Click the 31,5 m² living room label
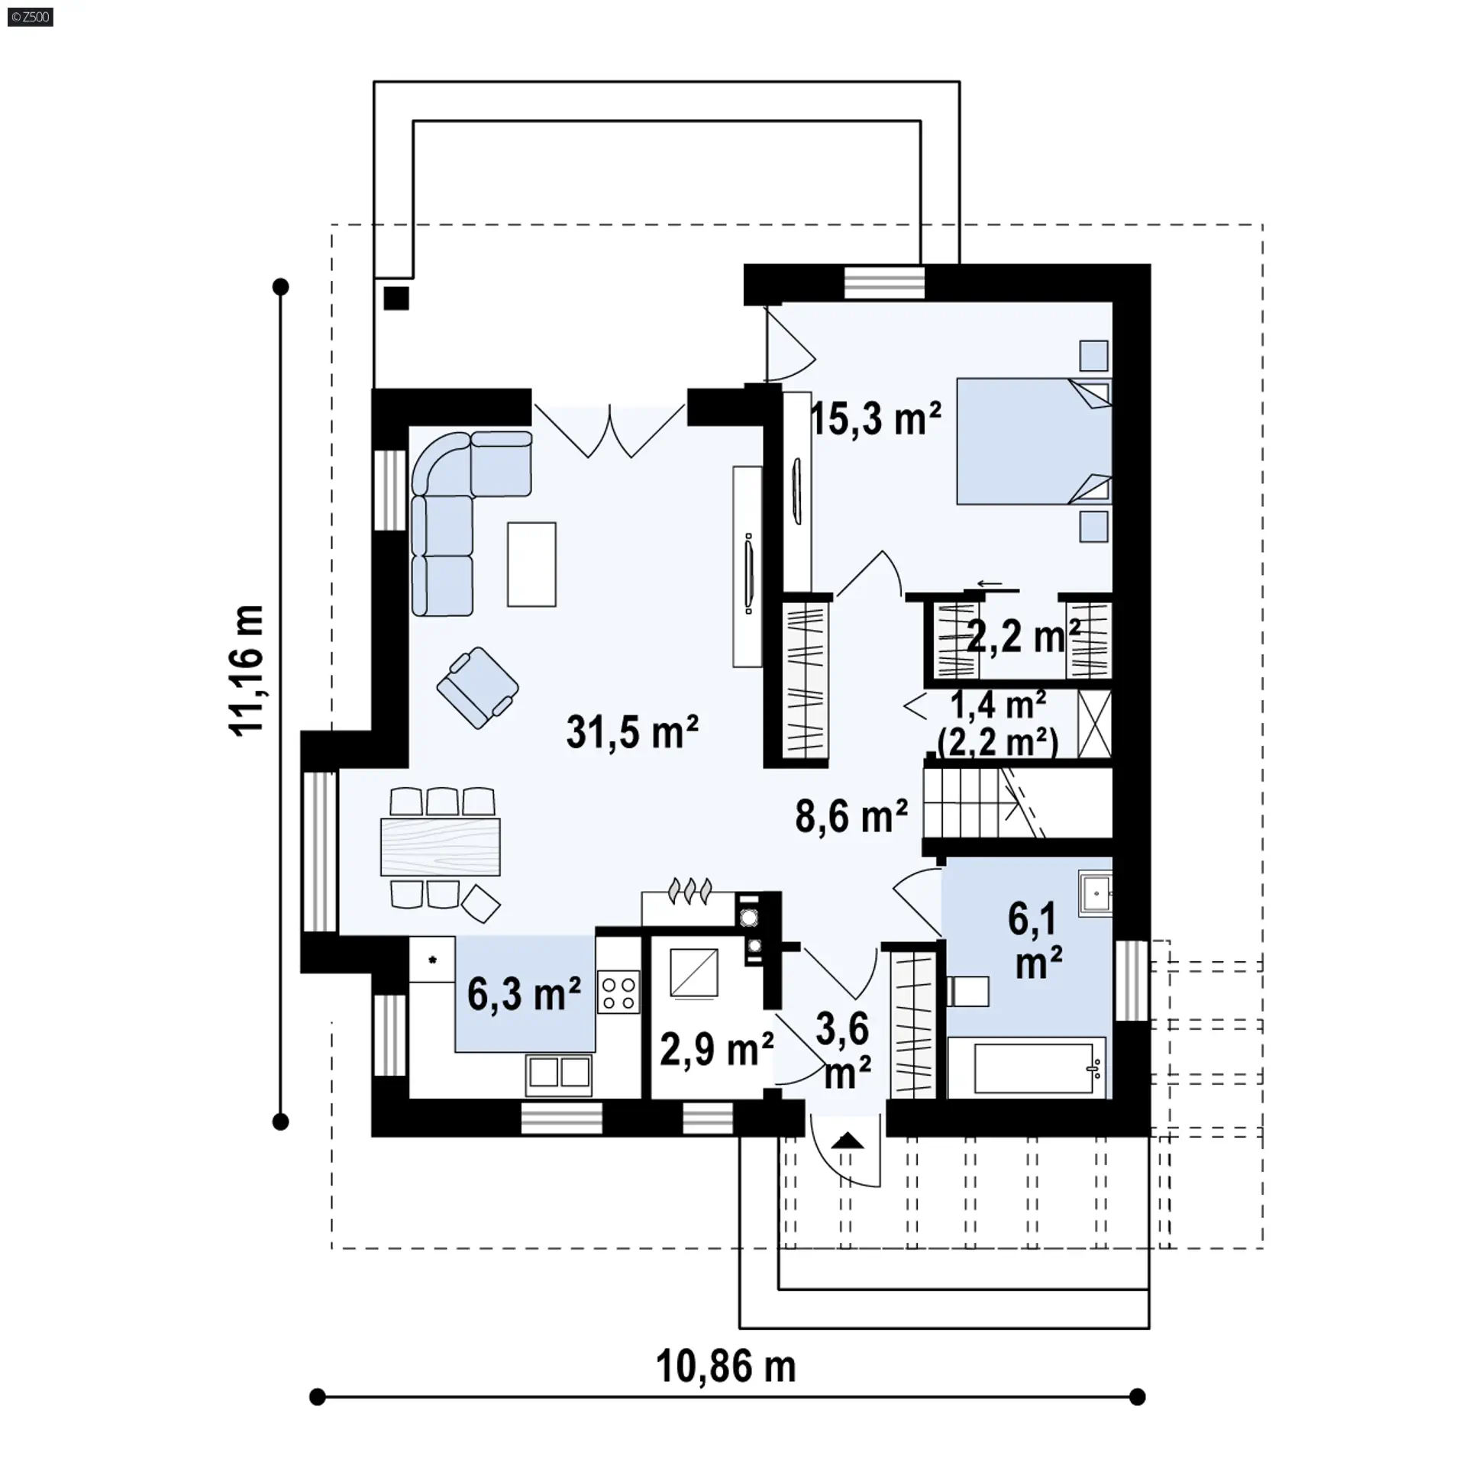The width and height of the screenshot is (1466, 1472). [x=632, y=732]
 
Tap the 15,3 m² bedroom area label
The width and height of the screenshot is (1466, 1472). [x=875, y=418]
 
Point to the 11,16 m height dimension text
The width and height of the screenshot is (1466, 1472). [x=247, y=670]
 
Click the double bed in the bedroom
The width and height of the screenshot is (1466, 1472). [x=1034, y=441]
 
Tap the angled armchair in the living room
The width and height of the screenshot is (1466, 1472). [x=478, y=688]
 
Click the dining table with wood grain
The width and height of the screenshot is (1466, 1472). [x=441, y=847]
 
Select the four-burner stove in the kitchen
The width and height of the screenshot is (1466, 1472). [x=618, y=992]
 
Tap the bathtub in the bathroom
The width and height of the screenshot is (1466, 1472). [x=1027, y=1067]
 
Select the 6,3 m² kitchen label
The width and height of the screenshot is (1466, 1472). [x=524, y=993]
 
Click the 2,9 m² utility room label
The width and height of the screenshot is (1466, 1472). [x=716, y=1048]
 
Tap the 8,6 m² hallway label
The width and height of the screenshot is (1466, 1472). [x=851, y=815]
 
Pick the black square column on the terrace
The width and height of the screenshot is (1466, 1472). [x=396, y=298]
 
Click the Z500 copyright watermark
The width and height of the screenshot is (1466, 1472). [x=31, y=17]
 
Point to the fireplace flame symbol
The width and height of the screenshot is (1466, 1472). [x=690, y=890]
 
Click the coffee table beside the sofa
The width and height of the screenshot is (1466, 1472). [x=531, y=564]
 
